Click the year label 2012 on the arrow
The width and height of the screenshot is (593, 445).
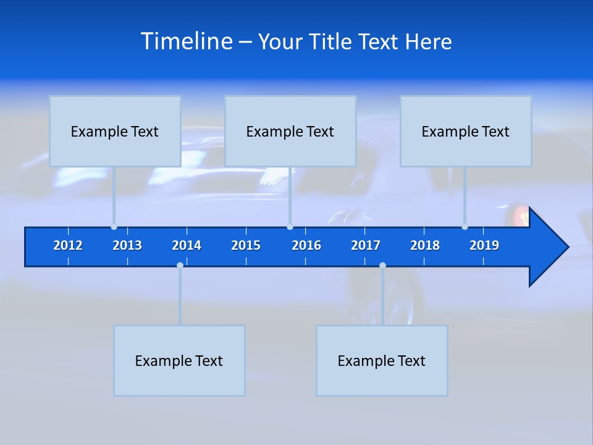coord(68,245)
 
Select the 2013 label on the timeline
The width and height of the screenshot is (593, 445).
coord(127,245)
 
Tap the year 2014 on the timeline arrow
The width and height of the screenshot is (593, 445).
coord(187,245)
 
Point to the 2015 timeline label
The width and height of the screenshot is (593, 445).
coord(246,245)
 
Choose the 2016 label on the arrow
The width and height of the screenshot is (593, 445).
coord(306,245)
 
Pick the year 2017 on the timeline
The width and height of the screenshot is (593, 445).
coord(366,245)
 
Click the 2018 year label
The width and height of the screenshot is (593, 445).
coord(425,245)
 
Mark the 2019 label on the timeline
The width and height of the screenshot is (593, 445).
coord(484,245)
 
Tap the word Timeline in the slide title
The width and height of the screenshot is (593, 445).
coord(186,41)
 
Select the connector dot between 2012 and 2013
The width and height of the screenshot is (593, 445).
coord(114,227)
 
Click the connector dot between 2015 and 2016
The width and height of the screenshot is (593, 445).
coord(290,227)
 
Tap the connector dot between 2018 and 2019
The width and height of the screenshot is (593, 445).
coord(465,227)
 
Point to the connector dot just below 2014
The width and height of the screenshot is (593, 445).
coord(180,265)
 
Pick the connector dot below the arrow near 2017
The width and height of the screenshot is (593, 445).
coord(382,265)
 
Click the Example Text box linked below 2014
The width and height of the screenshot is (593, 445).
coord(179,360)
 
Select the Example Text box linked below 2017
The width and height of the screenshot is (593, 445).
coord(382,360)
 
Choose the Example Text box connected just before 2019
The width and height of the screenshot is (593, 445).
coord(466,131)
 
